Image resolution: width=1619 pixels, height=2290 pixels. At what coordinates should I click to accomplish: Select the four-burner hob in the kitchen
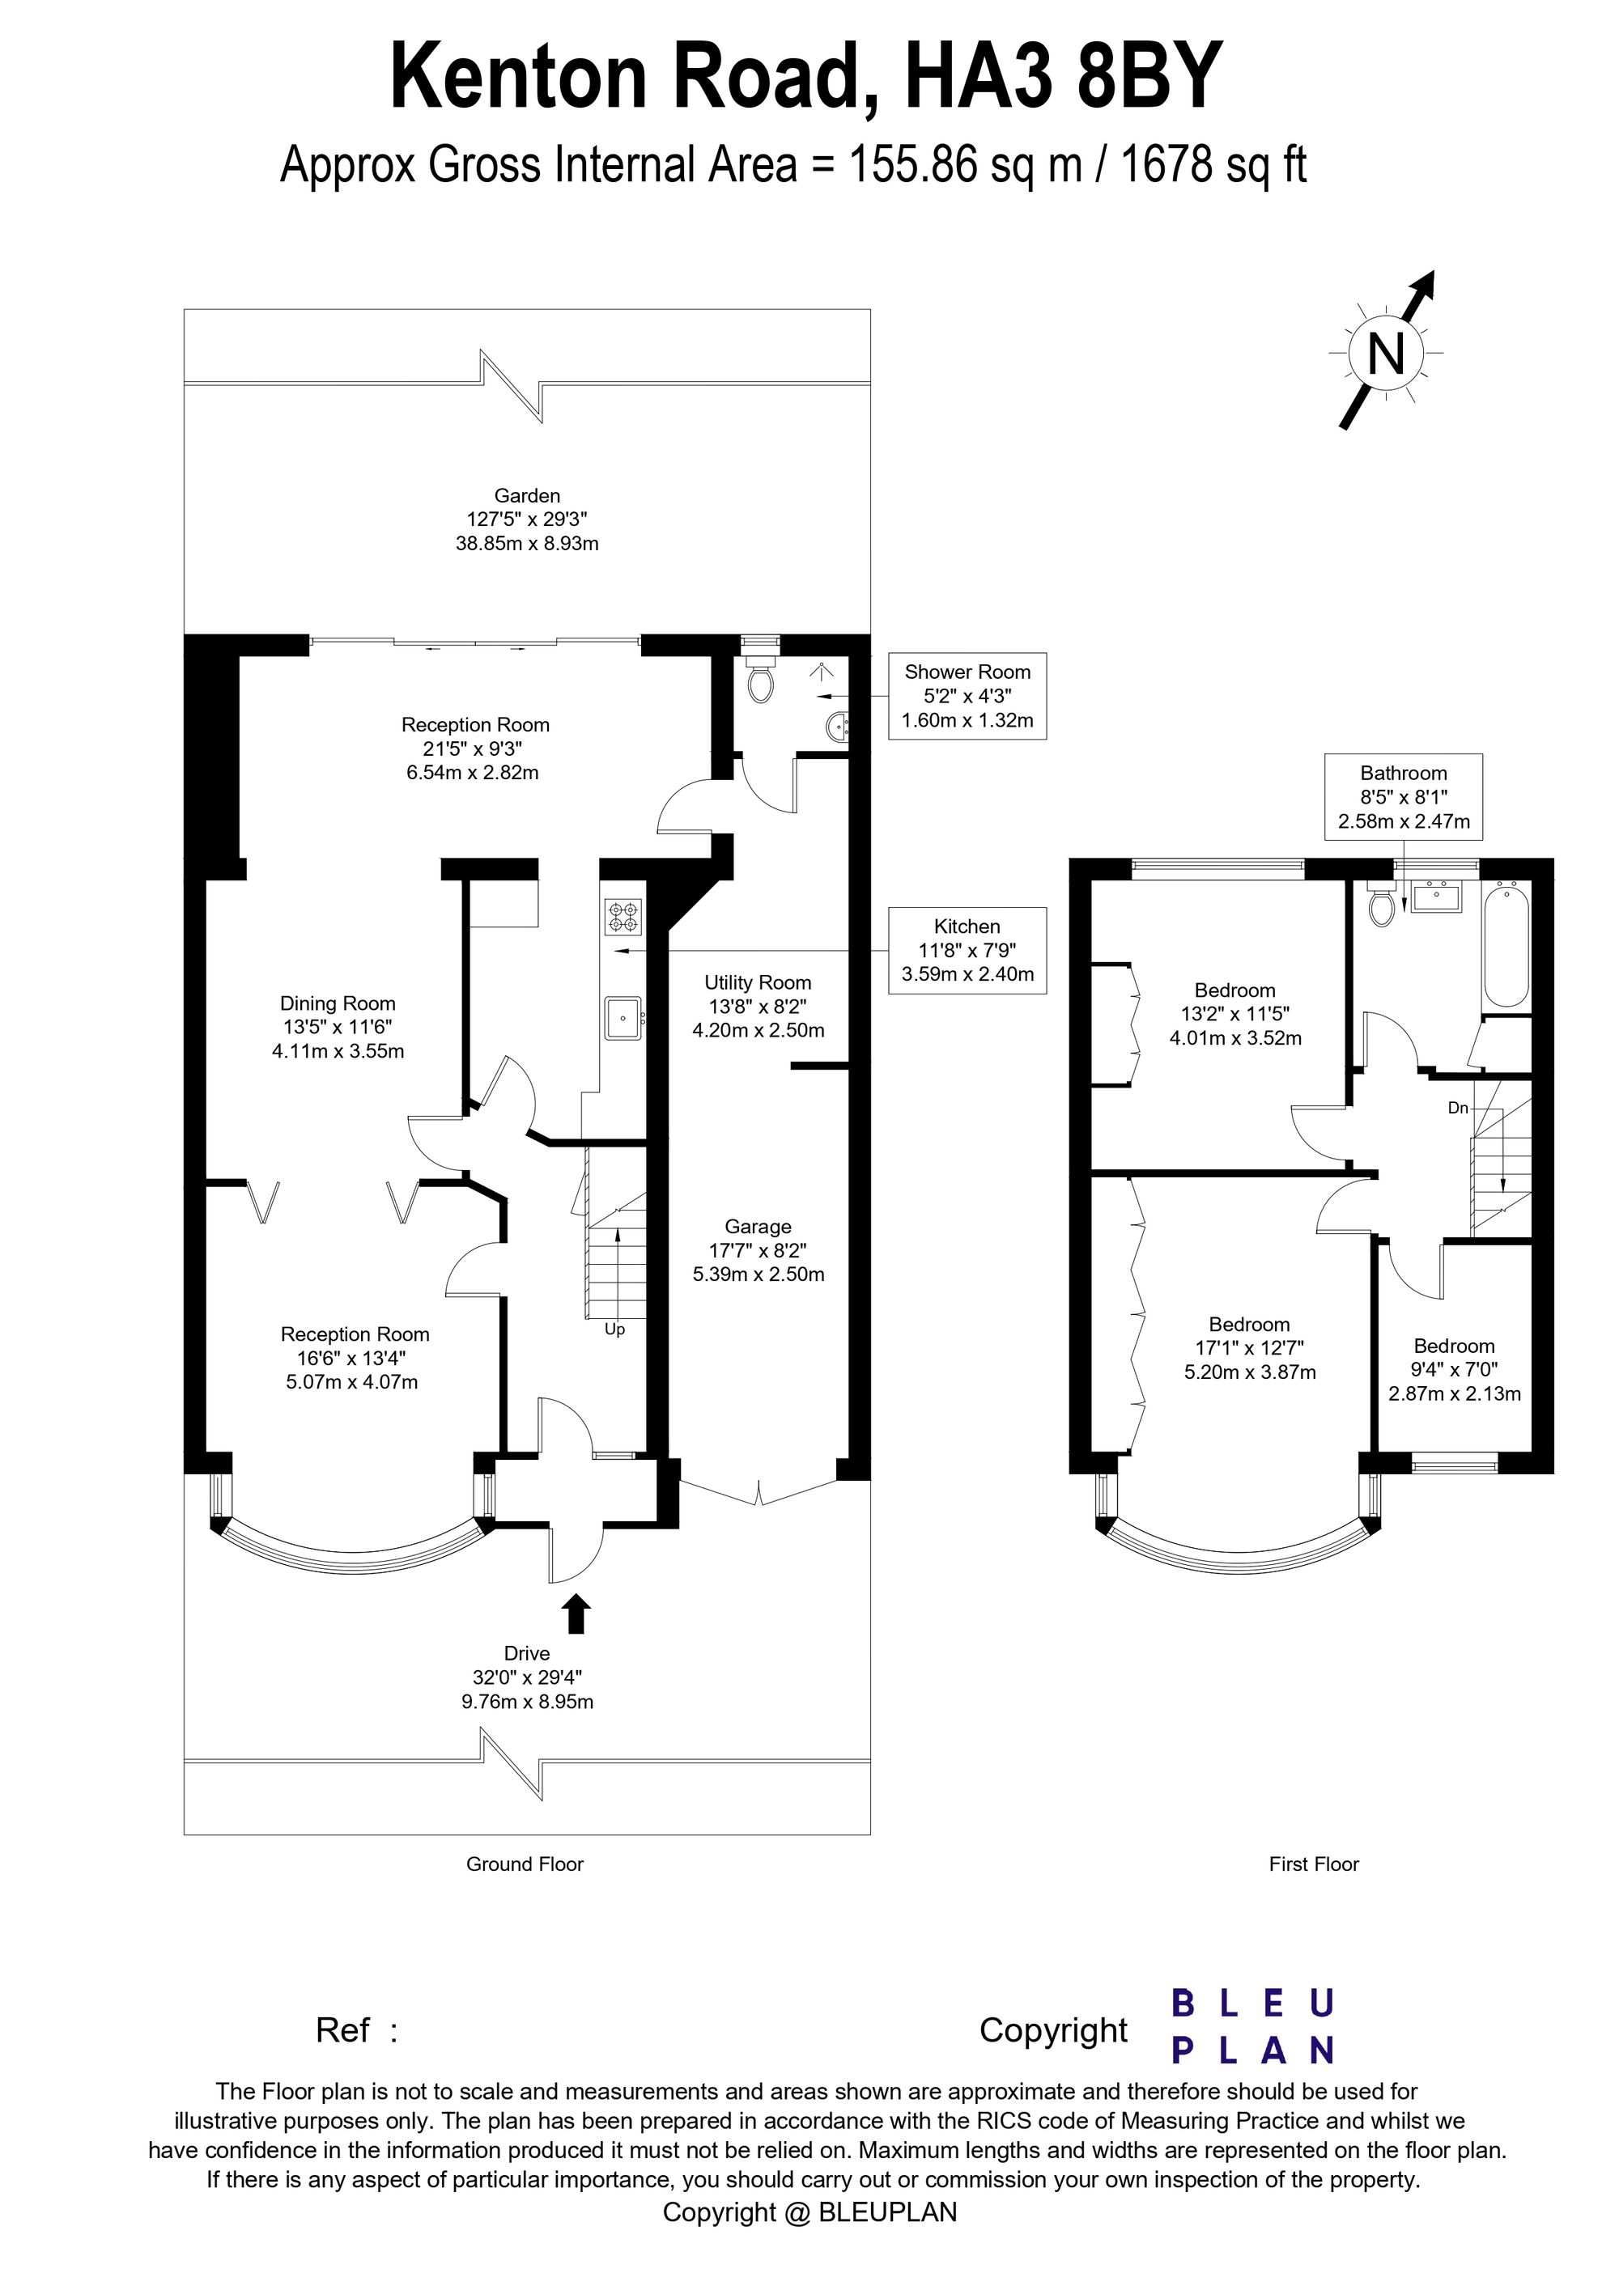[624, 918]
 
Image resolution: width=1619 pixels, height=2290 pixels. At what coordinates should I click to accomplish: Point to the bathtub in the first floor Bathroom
[1506, 944]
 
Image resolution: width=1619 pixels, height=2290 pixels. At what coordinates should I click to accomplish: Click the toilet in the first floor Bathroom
[1383, 902]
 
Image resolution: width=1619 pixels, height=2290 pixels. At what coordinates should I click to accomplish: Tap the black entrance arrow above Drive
[576, 1613]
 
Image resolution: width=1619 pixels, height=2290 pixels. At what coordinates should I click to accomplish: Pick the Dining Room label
[338, 1026]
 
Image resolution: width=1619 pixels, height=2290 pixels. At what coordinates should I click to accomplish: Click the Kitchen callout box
[967, 951]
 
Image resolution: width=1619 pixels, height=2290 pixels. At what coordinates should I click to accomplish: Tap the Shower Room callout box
[967, 696]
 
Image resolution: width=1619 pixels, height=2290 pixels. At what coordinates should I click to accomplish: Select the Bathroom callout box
[1404, 797]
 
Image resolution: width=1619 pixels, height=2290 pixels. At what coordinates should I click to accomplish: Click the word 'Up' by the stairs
[614, 1329]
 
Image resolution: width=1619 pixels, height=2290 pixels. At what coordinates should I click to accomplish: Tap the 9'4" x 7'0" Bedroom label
[1455, 1369]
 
